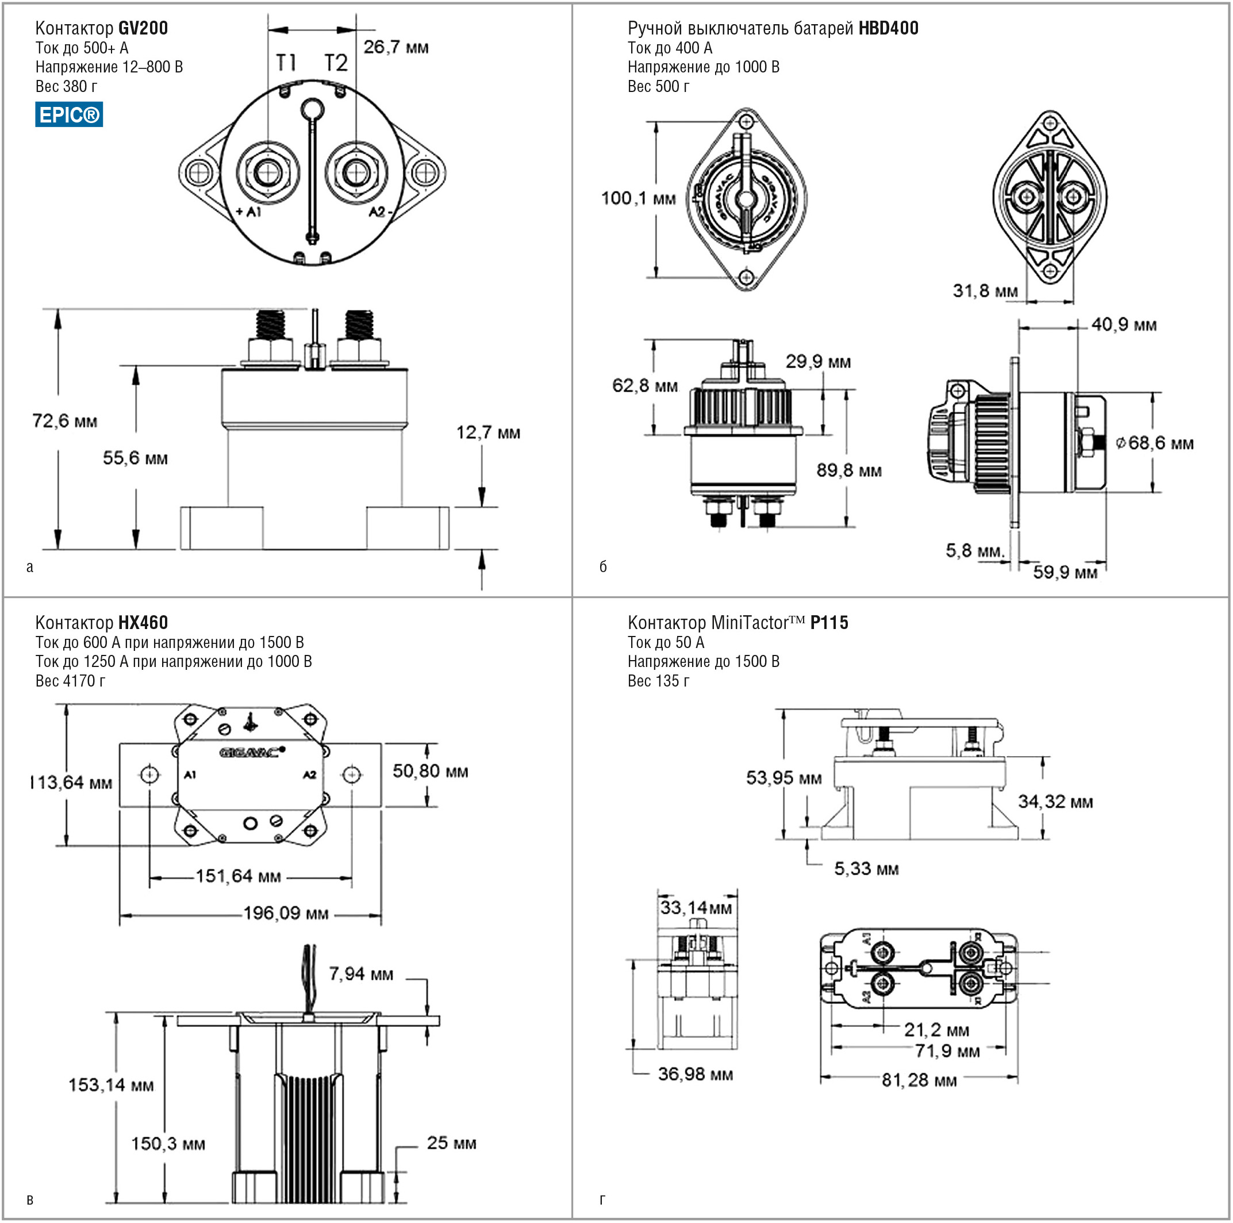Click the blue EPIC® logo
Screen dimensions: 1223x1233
click(69, 115)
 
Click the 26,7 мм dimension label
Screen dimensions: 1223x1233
click(395, 47)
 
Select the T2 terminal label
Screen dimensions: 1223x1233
click(336, 63)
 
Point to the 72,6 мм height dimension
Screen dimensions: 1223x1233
click(64, 421)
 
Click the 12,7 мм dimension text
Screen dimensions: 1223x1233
click(488, 433)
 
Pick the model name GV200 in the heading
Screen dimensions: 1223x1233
click(143, 28)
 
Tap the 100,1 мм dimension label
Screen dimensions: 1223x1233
click(637, 198)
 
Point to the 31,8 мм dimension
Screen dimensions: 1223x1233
click(985, 291)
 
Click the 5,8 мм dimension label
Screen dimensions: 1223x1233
click(974, 550)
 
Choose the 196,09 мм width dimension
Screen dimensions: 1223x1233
click(286, 914)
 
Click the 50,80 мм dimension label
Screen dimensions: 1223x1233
click(430, 771)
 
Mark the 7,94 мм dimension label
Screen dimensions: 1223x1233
click(360, 974)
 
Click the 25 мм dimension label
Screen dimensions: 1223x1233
click(451, 1143)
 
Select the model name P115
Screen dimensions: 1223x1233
click(829, 623)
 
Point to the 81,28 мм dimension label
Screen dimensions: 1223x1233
click(919, 1080)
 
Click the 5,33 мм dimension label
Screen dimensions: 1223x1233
click(866, 869)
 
